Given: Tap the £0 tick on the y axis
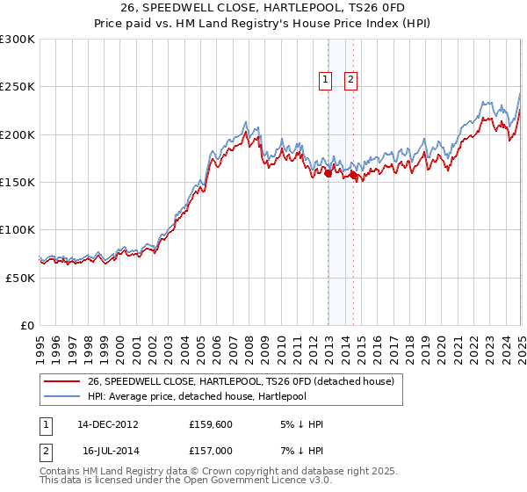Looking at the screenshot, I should pyautogui.click(x=27, y=325).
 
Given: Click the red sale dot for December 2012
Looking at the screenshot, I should pyautogui.click(x=328, y=174).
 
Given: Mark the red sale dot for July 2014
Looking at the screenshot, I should pyautogui.click(x=353, y=176).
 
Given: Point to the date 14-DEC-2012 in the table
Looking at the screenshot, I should pyautogui.click(x=108, y=424).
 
